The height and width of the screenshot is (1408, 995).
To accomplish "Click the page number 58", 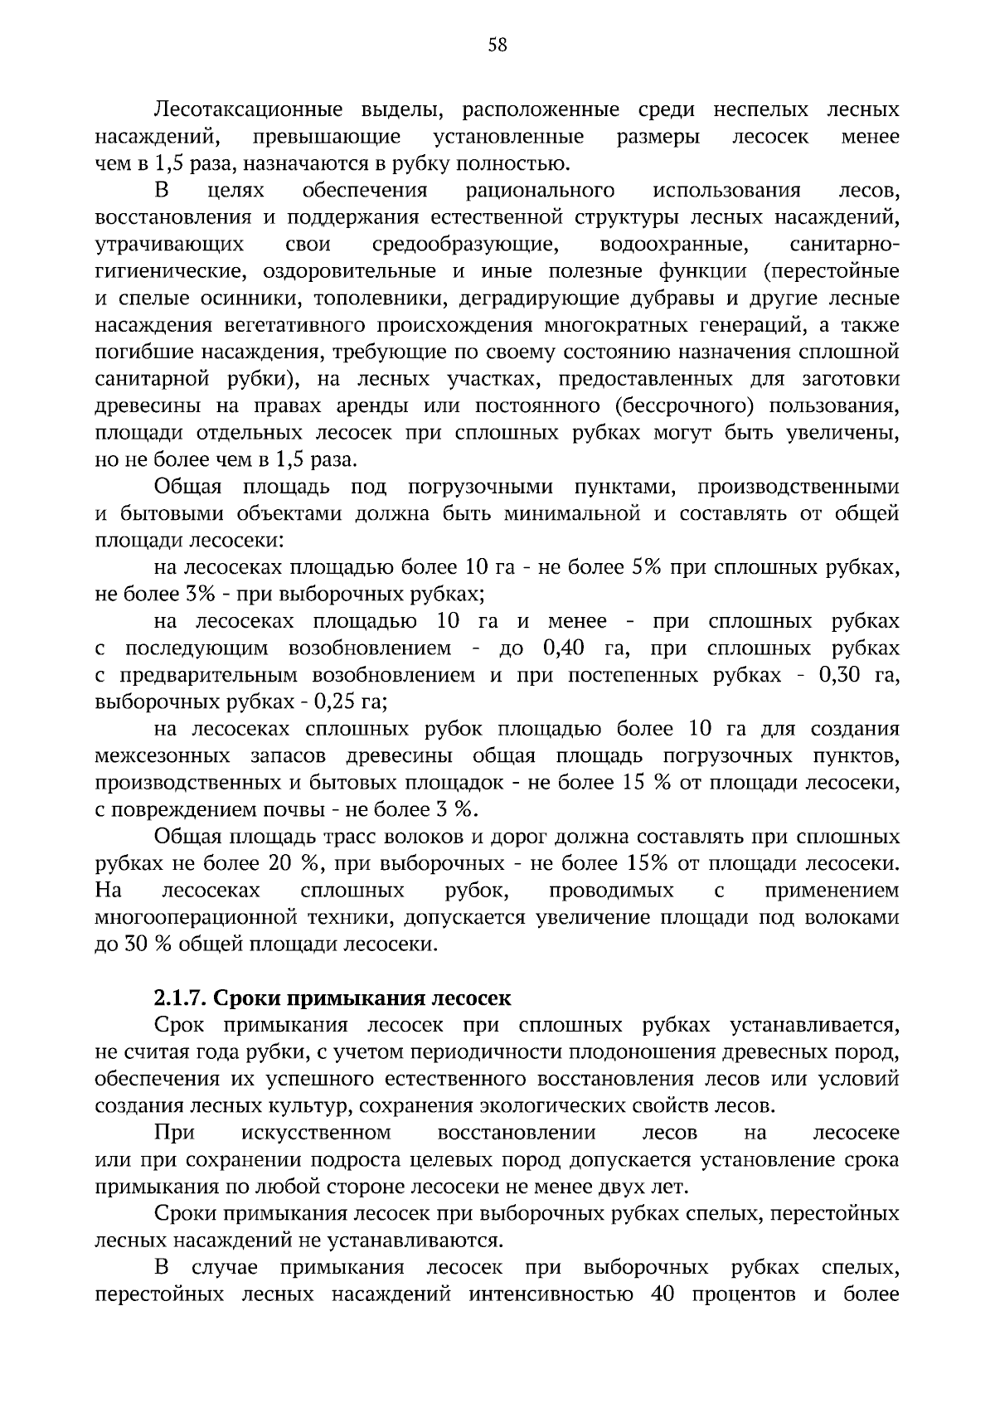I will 498,45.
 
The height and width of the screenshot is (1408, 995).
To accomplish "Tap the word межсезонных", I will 163,756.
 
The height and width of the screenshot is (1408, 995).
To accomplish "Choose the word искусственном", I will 317,1133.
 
